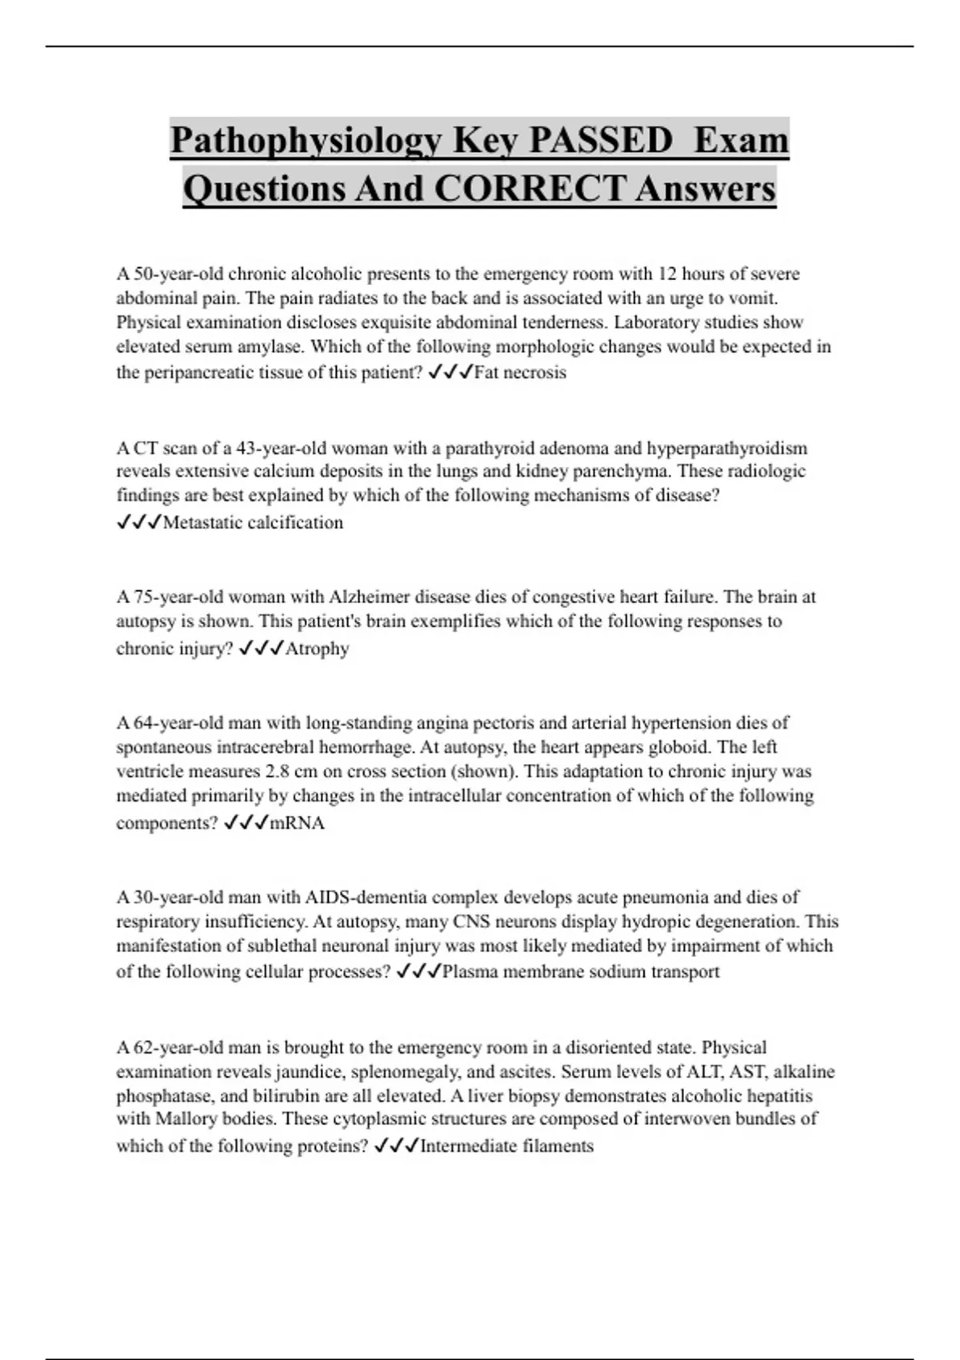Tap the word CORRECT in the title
(x=529, y=189)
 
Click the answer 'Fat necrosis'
(x=520, y=372)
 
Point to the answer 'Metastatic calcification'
(x=253, y=522)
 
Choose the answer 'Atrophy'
(x=317, y=648)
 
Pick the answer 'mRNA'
(x=298, y=823)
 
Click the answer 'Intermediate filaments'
(x=507, y=1146)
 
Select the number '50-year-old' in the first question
(x=178, y=274)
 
